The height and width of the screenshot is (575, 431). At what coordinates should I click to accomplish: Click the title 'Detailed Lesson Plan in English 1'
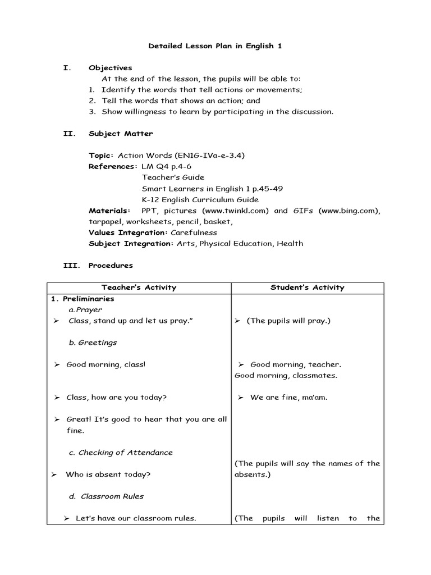pos(215,46)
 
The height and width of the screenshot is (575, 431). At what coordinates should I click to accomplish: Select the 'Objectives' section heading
pos(110,68)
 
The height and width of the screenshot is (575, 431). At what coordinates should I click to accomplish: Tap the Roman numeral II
pos(67,134)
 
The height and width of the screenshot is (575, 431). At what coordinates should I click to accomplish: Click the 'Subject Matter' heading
pos(121,134)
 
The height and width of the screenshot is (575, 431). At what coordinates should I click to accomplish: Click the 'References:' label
pos(113,167)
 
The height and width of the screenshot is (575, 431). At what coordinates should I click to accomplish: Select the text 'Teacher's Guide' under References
pos(173,177)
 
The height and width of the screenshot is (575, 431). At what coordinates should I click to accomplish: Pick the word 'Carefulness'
pos(194,232)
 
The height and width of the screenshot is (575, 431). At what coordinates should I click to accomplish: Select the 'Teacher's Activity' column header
pos(139,287)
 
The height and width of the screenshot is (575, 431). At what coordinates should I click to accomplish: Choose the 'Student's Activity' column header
pos(307,287)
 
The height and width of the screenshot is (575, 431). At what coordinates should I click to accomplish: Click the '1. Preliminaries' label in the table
pos(82,299)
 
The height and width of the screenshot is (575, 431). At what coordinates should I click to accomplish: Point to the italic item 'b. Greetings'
pos(93,343)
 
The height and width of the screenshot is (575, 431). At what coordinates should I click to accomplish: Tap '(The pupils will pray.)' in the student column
pos(288,321)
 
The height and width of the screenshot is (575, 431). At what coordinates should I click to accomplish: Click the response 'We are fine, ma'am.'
pos(288,398)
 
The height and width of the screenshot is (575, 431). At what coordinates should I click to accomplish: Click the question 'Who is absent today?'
pos(108,474)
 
